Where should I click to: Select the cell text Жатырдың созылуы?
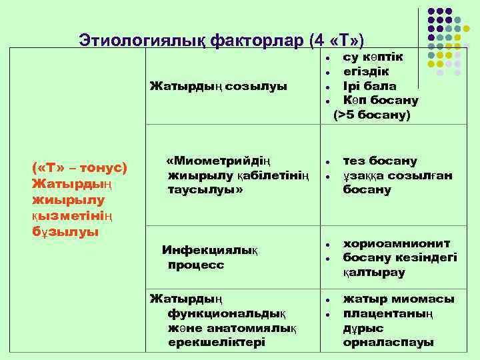[x=218, y=87]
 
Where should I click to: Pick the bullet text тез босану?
[x=380, y=161]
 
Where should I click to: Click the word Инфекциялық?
[x=210, y=250]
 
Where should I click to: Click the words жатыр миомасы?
[x=399, y=299]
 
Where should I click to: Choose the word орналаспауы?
[x=388, y=343]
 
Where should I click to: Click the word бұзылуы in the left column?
[x=65, y=231]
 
